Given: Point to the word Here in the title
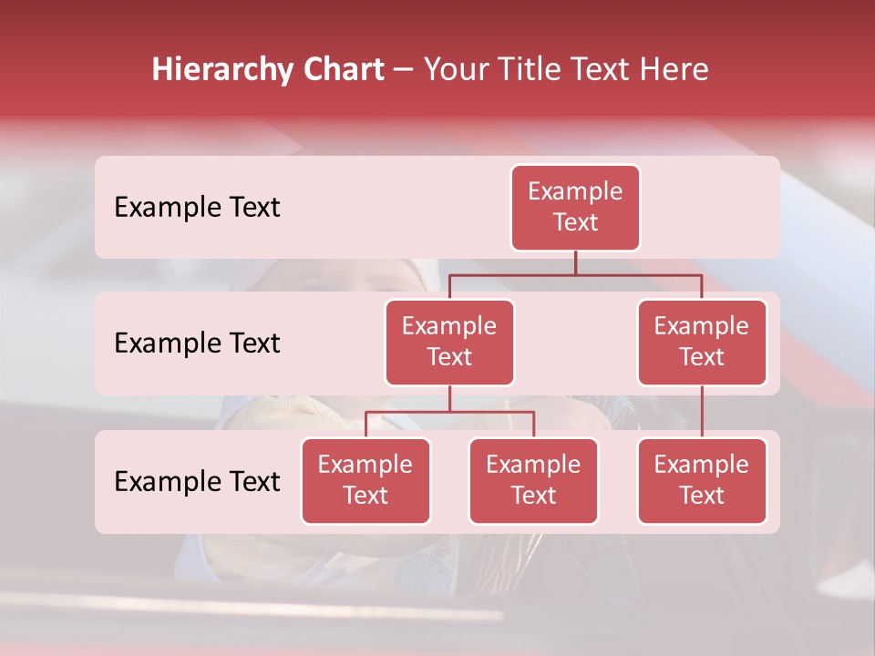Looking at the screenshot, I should (674, 70).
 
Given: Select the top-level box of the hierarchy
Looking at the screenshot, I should (575, 208).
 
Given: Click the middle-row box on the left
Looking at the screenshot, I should (449, 342).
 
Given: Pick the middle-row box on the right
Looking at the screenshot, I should (702, 342).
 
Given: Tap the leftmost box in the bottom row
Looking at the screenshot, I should (365, 480).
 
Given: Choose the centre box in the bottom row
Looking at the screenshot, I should (533, 480).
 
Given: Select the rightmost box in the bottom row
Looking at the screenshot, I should (702, 480).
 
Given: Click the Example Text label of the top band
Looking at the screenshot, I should (197, 208).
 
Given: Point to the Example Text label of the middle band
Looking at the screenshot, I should (197, 343).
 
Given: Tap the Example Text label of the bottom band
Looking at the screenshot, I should (197, 481).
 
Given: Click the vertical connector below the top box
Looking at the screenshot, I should (575, 262).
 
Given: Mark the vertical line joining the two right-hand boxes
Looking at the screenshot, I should (702, 412).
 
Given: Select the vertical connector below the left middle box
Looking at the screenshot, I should (449, 398).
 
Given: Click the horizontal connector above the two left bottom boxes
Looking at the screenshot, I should (449, 412).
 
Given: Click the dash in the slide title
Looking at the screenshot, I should (404, 70).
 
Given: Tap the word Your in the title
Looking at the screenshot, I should (453, 70).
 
